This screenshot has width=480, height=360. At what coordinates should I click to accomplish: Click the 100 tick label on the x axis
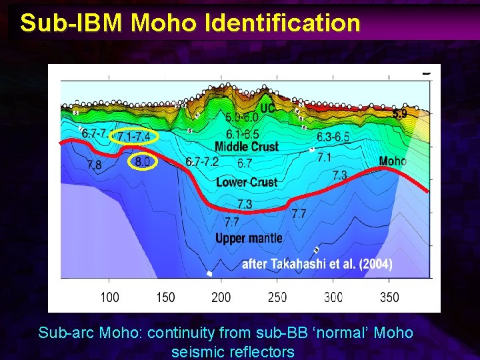coord(110,297)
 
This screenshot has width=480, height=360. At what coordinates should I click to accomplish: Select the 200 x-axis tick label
coord(221,297)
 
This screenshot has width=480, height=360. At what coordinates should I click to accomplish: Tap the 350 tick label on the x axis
coord(389,297)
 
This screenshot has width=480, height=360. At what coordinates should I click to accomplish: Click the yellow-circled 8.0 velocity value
coord(143,161)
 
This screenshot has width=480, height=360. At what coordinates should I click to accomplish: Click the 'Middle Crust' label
coord(247,147)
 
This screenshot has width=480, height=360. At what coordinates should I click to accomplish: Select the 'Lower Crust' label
coord(247,182)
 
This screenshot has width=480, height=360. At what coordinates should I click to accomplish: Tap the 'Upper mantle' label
coord(249,238)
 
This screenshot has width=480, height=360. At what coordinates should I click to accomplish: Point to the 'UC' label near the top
coord(268,108)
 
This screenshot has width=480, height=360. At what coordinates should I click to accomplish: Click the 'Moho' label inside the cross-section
coord(393,161)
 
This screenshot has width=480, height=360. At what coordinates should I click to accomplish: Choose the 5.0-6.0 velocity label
coord(242,117)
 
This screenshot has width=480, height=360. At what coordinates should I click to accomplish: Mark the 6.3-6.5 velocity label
coord(333,137)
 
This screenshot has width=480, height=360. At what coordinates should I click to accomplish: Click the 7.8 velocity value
coord(95,165)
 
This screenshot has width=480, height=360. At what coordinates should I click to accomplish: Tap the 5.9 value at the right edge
coord(400,114)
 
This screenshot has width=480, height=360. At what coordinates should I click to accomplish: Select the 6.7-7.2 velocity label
coord(203,162)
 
